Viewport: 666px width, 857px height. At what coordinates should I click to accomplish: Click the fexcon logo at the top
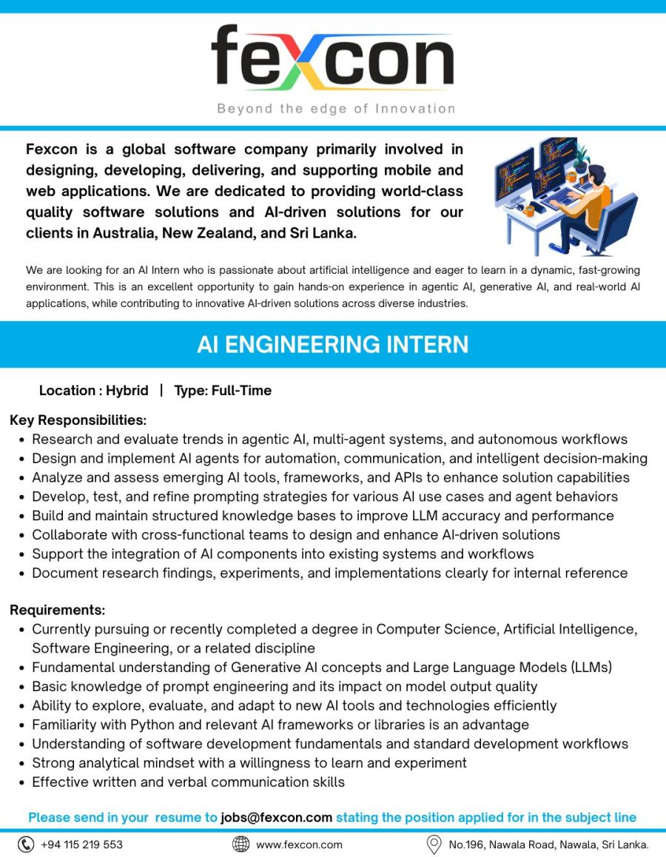332,58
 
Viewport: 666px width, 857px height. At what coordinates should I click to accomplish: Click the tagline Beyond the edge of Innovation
336,109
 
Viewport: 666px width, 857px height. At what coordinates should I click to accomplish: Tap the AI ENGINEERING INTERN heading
332,344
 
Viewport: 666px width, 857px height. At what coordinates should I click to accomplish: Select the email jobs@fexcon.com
276,818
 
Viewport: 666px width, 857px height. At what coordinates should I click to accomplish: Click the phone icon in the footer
26,844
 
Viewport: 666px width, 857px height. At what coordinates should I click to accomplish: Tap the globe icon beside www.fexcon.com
240,844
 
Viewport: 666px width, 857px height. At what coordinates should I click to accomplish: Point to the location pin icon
434,844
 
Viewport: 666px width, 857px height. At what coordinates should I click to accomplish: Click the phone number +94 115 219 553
81,844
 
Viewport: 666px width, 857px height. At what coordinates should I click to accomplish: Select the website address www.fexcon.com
299,844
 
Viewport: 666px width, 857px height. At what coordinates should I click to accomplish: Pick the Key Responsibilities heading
78,420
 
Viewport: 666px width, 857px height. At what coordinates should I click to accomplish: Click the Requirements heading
58,611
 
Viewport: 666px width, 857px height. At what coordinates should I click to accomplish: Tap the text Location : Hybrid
93,391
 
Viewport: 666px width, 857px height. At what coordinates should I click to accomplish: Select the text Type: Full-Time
223,391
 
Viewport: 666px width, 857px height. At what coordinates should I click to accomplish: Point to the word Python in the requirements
152,725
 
